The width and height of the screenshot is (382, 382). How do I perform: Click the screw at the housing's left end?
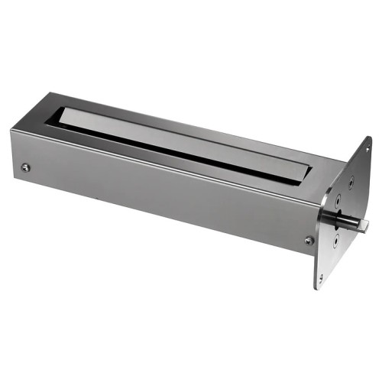27,167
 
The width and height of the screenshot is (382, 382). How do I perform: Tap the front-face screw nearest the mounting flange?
309,240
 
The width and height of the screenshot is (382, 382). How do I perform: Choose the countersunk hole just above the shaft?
345,201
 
